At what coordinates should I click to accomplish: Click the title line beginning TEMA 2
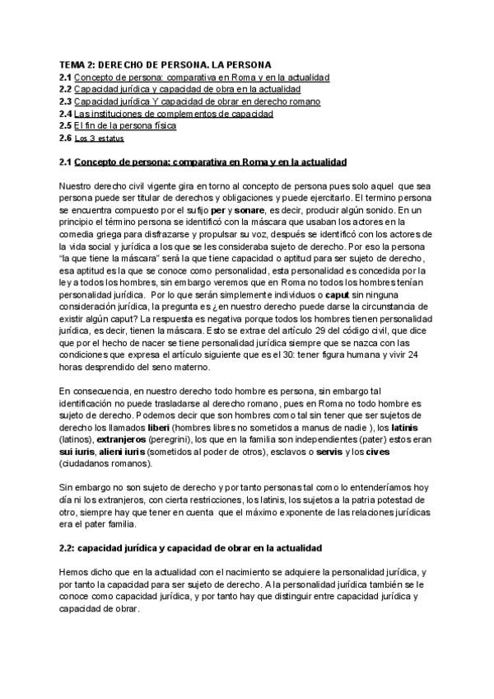(x=166, y=63)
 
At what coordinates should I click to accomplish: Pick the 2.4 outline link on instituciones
(x=173, y=113)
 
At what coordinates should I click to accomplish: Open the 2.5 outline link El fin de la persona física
(x=124, y=125)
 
